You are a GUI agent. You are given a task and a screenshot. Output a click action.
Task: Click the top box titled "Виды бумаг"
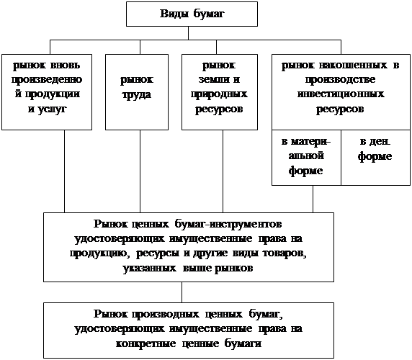pos(192,14)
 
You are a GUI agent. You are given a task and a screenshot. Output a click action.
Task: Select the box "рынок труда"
pos(137,92)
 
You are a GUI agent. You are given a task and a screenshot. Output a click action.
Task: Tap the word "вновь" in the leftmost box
pos(65,65)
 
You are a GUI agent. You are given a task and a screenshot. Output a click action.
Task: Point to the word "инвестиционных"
pos(341,94)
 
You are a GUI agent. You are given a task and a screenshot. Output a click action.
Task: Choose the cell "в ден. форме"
pos(376,158)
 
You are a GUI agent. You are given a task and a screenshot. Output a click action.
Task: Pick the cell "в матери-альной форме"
pos(306,158)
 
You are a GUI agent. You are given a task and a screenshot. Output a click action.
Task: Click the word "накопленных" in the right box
pos(353,65)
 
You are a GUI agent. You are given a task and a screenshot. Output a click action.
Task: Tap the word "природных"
pos(219,94)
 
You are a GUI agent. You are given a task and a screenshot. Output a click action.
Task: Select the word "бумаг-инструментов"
pos(228,224)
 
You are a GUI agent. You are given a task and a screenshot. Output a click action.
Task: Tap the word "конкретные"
pos(145,343)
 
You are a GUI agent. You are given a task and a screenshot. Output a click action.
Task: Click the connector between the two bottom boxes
pos(182,292)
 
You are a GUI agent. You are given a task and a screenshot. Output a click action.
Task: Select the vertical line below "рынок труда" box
pos(140,171)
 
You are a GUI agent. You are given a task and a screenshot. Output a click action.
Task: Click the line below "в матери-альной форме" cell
pos(313,199)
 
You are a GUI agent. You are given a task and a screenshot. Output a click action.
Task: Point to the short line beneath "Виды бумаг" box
pos(189,33)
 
